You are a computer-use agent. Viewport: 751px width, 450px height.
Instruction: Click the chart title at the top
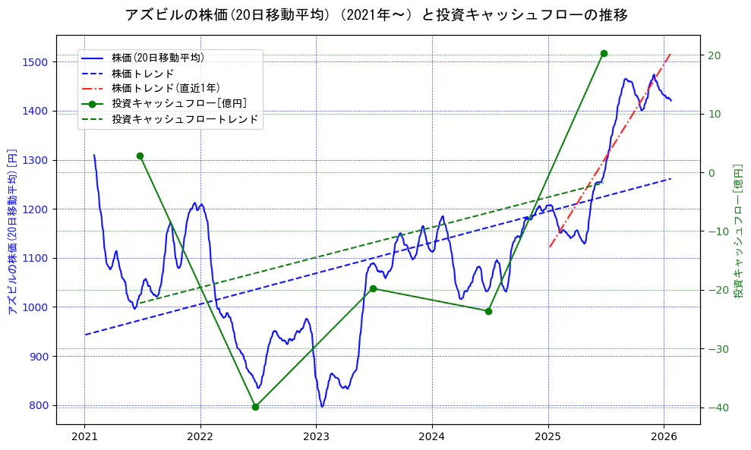tap(376, 14)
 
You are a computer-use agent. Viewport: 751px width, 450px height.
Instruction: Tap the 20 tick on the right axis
tap(714, 55)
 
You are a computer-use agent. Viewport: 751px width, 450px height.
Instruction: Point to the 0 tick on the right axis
tap(712, 172)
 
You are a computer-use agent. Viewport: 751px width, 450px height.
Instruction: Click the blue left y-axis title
tap(11, 231)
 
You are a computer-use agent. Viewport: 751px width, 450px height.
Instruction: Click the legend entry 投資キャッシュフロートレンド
tap(185, 119)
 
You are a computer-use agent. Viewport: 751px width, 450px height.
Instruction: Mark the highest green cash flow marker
tap(604, 53)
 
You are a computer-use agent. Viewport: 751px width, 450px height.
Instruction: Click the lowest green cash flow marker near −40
tap(256, 407)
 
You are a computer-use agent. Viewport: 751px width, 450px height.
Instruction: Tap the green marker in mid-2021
tap(140, 156)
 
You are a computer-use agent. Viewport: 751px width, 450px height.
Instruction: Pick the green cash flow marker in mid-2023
tap(373, 288)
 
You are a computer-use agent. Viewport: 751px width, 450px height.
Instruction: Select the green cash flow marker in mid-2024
tap(488, 311)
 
